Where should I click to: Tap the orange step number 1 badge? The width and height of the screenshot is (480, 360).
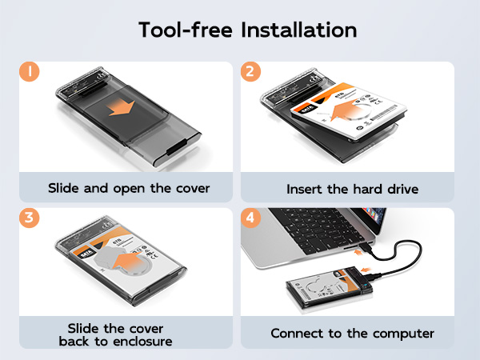pyautogui.click(x=30, y=72)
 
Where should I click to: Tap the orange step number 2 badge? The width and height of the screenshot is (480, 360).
pyautogui.click(x=252, y=72)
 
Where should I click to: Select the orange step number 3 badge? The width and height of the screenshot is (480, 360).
pyautogui.click(x=30, y=218)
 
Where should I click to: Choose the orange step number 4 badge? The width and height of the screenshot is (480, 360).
pyautogui.click(x=252, y=218)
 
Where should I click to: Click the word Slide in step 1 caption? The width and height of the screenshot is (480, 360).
pyautogui.click(x=64, y=189)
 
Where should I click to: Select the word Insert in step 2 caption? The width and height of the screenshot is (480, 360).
pyautogui.click(x=305, y=190)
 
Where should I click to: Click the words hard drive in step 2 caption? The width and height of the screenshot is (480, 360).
pyautogui.click(x=376, y=190)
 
